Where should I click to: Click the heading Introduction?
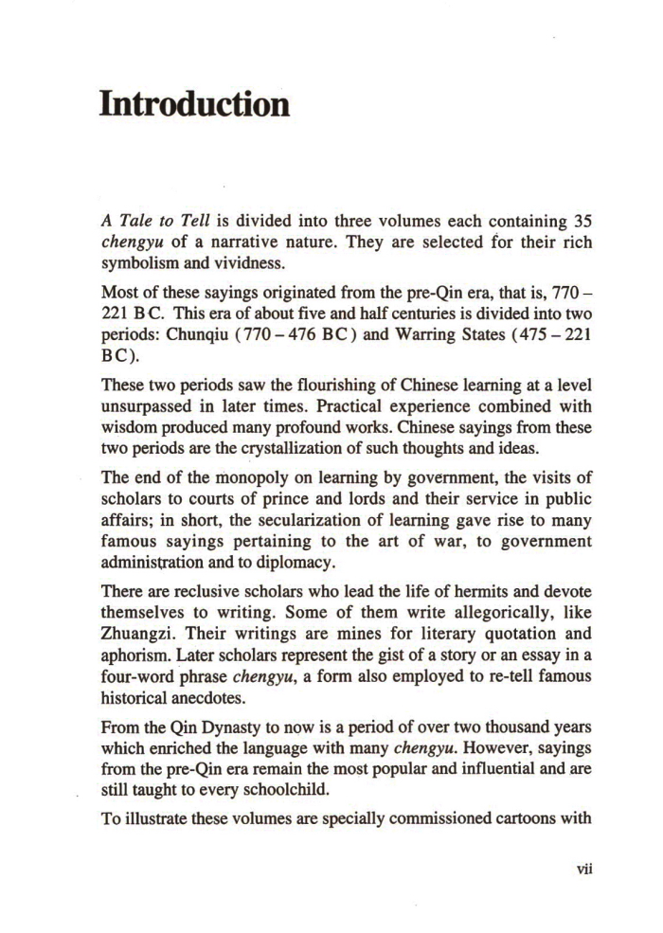coord(194,104)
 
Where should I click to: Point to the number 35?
coord(576,221)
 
